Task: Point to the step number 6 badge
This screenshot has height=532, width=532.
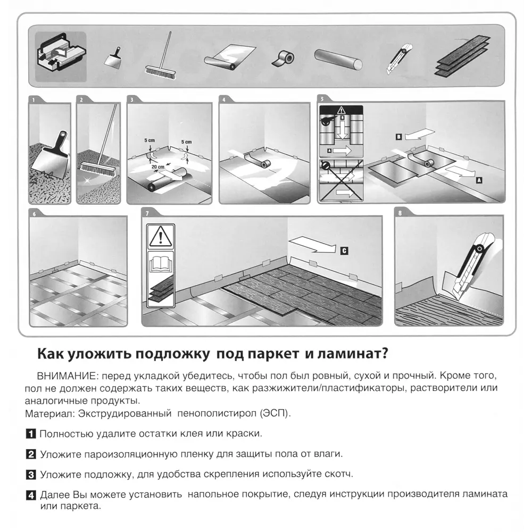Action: [35, 214]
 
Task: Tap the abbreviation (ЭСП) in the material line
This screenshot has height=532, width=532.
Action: [275, 413]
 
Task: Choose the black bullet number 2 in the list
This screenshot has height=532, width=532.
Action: [31, 454]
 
